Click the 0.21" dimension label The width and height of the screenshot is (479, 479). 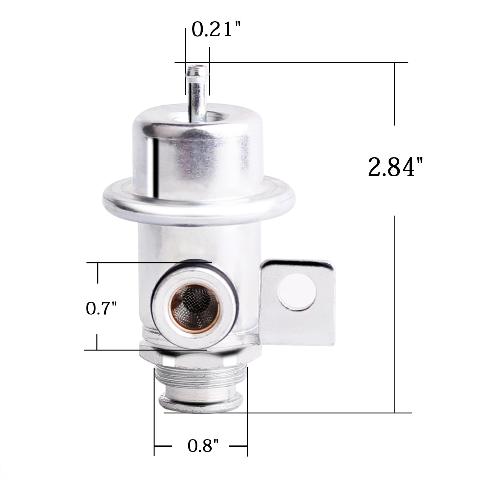tap(216, 30)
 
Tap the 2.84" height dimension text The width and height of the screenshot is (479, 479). tap(395, 167)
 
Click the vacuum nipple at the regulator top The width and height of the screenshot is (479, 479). tap(196, 90)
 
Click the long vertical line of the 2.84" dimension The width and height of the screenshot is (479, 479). tap(394, 314)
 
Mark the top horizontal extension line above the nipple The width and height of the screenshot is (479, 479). tap(299, 63)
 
